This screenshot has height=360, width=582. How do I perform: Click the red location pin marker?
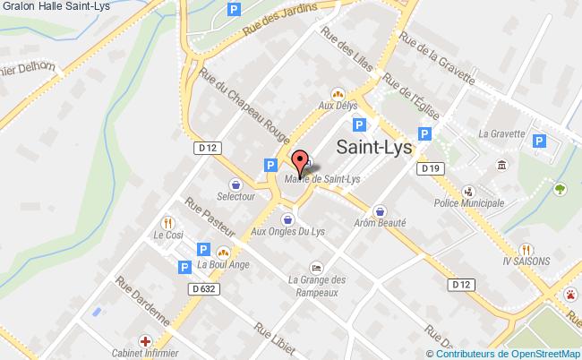[x=301, y=162]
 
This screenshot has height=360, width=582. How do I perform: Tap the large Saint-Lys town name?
[x=374, y=147]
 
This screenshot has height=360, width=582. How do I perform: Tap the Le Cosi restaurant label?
[x=167, y=236]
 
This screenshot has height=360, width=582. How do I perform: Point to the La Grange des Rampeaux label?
[x=317, y=284]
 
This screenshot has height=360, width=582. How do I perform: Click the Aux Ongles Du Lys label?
[x=287, y=232]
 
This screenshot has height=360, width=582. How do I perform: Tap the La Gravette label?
[x=501, y=134]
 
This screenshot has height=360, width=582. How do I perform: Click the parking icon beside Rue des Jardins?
[x=234, y=10]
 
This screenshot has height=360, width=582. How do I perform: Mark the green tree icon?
[x=561, y=189]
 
